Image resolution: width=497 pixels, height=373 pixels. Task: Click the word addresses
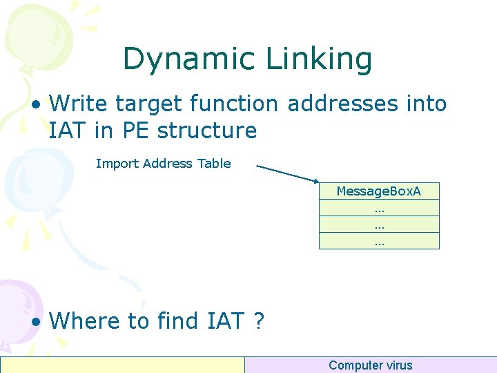pos(340,104)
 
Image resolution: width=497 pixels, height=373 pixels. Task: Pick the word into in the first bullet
pos(426,104)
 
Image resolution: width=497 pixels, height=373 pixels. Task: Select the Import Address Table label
pos(163,164)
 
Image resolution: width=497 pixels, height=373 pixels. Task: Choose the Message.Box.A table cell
pos(379,191)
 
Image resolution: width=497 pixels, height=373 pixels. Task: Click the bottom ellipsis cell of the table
pos(379,241)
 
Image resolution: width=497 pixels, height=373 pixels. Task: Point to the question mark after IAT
pos(258,321)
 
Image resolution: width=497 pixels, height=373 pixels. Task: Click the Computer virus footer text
pos(370,365)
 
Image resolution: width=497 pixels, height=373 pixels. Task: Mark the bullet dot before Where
pos(37,322)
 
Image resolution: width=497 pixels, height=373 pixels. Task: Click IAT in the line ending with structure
pos(69,130)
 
